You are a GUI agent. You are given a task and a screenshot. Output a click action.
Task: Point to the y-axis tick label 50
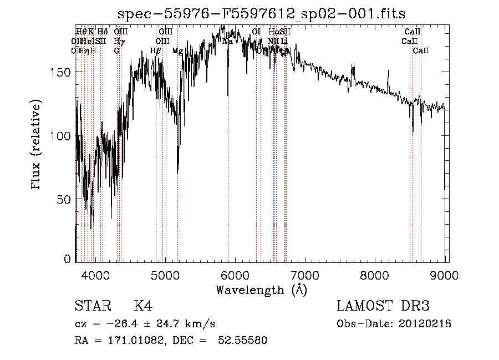pos(66,199)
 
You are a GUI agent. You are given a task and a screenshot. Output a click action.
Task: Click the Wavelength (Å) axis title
pos(261,290)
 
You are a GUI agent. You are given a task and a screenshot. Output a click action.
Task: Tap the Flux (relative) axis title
pos(37,146)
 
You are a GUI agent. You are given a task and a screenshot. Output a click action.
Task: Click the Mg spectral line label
pos(177,51)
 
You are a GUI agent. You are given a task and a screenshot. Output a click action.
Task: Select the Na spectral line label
pos(227,41)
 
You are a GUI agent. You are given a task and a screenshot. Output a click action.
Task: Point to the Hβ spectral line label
pos(156,51)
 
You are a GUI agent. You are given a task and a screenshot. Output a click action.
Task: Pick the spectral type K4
pos(142,306)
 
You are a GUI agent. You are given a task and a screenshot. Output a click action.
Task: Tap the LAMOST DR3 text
pos(383,306)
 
